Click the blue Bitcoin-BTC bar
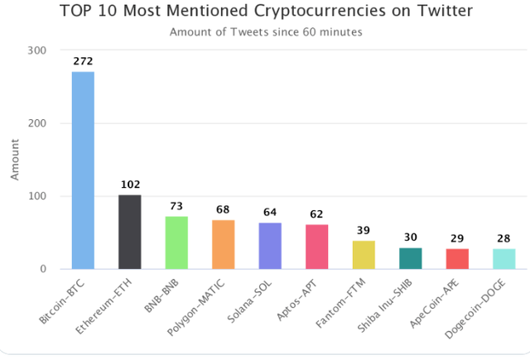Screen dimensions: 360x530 pyautogui.click(x=83, y=170)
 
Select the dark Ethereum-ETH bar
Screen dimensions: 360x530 pyautogui.click(x=130, y=232)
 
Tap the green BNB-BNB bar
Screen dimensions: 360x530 pyautogui.click(x=176, y=242)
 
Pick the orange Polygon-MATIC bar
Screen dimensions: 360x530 pyautogui.click(x=224, y=244)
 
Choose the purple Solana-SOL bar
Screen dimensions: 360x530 pyautogui.click(x=270, y=246)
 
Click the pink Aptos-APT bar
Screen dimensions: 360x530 pyautogui.click(x=316, y=247)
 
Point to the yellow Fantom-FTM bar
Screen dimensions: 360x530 pyautogui.click(x=364, y=255)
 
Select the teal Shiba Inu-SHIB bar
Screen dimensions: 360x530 pyautogui.click(x=410, y=258)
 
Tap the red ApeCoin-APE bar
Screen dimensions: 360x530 pyautogui.click(x=457, y=259)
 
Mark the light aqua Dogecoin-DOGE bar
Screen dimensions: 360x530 pyautogui.click(x=503, y=259)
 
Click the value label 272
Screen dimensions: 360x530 pyautogui.click(x=83, y=61)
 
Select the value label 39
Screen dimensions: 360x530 pyautogui.click(x=364, y=231)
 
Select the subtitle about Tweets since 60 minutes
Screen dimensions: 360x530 pyautogui.click(x=265, y=32)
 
